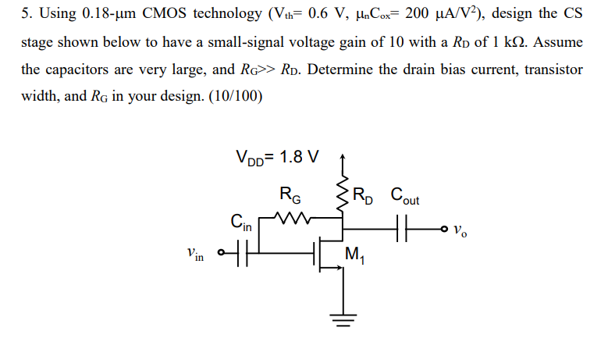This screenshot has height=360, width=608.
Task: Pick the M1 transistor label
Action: pyautogui.click(x=354, y=255)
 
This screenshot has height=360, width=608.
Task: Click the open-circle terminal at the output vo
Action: pyautogui.click(x=446, y=229)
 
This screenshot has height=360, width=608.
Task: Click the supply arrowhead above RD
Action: pyautogui.click(x=341, y=159)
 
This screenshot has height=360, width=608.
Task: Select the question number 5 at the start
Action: pyautogui.click(x=25, y=13)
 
